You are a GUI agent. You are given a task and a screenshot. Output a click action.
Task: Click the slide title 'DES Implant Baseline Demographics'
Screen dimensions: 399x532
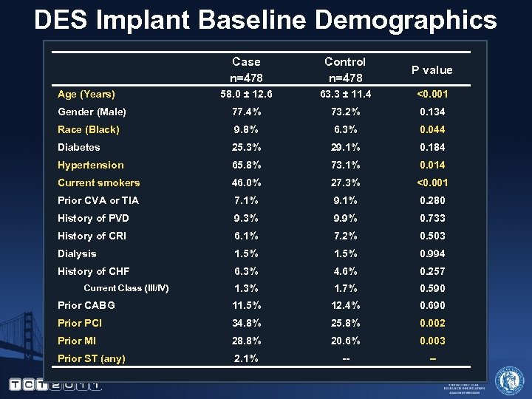(x=266, y=20)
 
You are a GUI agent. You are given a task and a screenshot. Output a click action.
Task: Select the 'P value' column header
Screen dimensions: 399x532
(x=432, y=70)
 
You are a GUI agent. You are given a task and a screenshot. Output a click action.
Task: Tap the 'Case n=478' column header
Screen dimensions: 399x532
(x=246, y=69)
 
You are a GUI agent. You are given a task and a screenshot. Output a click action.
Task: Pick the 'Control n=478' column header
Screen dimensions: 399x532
(x=345, y=69)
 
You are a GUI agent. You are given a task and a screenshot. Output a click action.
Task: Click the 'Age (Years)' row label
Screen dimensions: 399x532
(x=86, y=94)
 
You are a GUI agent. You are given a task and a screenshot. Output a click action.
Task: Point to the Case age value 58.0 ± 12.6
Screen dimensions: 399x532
(x=246, y=94)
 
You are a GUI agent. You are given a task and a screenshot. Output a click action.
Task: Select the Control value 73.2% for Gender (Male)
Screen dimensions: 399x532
(x=345, y=112)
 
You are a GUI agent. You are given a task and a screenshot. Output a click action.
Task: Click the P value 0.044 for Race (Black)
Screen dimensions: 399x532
(x=432, y=129)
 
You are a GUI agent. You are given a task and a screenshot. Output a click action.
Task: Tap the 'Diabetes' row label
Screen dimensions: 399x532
(x=79, y=147)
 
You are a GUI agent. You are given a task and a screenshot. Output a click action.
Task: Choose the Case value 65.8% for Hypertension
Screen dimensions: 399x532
(x=246, y=165)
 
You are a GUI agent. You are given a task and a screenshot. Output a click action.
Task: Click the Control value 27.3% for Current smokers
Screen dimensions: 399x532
(x=345, y=183)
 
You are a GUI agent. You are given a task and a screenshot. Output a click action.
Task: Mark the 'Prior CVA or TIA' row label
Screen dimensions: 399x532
(x=98, y=200)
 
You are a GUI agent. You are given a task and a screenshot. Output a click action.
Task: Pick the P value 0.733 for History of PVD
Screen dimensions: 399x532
(x=432, y=218)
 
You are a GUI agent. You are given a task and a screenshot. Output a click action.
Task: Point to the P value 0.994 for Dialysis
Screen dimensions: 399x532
(x=432, y=253)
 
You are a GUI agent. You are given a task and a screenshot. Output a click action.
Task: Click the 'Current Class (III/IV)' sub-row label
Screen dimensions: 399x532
(x=126, y=288)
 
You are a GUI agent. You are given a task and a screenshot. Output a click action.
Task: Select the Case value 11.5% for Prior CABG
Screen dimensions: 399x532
(x=246, y=305)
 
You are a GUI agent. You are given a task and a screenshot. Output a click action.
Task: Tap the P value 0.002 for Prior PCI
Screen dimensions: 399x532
(x=432, y=323)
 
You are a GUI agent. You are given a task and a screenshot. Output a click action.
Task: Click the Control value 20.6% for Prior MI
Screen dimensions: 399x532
(x=345, y=341)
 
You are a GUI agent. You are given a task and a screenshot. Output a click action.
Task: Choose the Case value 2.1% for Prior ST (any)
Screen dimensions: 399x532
(x=246, y=358)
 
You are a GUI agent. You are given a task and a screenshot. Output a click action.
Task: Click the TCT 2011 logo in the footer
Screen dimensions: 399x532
(x=55, y=384)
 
